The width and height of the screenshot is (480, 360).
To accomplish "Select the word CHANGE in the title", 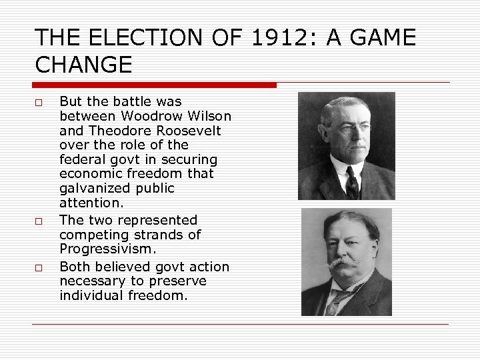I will tap(83, 65).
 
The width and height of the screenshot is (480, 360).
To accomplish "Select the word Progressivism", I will tap(107, 249).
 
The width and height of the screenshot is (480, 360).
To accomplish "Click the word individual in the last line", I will tap(89, 296).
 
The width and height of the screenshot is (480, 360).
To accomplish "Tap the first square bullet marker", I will tap(39, 103).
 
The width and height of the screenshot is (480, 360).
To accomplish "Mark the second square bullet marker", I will tap(39, 221).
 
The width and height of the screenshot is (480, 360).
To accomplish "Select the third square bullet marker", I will tap(39, 267).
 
